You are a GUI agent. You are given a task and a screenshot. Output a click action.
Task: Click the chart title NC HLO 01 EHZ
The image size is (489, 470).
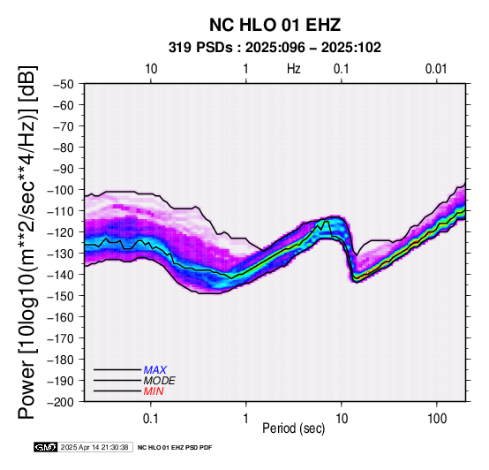click(275, 25)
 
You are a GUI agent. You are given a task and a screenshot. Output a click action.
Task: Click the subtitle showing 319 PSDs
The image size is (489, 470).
click(275, 48)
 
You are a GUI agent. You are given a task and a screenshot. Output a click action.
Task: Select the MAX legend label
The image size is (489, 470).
click(155, 370)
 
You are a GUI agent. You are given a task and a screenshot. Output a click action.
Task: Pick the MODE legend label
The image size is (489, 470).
click(160, 381)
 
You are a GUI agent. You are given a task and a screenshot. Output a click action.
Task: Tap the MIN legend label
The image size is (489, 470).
click(154, 391)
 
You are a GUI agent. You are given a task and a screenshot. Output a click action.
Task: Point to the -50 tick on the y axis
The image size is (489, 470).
click(64, 84)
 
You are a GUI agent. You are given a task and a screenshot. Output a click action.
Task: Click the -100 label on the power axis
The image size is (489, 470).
click(61, 190)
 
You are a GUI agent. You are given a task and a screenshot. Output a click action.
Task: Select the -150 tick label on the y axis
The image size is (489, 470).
click(61, 296)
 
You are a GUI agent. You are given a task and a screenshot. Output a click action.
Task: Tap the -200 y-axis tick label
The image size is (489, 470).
click(61, 402)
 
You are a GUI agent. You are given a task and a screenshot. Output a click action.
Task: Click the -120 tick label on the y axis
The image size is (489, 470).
click(61, 232)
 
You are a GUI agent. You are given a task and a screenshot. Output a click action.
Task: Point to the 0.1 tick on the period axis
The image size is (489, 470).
click(151, 419)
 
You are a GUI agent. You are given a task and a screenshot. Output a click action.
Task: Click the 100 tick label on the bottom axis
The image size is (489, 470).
click(437, 419)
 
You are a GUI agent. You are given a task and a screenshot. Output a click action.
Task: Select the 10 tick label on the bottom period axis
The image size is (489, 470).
click(342, 419)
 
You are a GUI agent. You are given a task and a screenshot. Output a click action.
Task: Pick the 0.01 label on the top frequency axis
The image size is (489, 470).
click(436, 69)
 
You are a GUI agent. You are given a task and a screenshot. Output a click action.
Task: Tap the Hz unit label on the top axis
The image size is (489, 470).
click(293, 69)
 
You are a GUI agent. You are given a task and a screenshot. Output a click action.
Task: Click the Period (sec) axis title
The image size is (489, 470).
click(293, 428)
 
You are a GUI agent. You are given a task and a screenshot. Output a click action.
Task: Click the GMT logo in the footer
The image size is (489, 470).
click(46, 447)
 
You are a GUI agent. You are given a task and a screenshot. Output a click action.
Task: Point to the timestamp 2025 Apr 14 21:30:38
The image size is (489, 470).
click(94, 447)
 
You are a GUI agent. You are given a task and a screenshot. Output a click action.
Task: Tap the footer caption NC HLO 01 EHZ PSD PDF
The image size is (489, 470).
click(175, 448)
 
